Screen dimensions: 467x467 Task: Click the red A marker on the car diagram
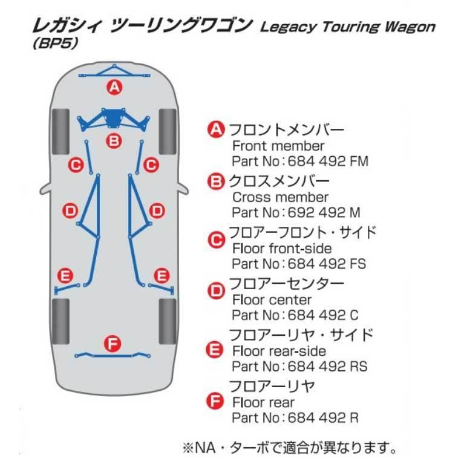[115, 87]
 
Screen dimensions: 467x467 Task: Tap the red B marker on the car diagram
[114, 140]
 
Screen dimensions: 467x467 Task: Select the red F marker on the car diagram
[113, 344]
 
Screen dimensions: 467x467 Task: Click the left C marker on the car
[76, 165]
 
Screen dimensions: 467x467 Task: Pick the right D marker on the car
[157, 211]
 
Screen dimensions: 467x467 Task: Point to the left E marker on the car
[65, 275]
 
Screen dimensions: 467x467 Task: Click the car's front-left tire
[60, 132]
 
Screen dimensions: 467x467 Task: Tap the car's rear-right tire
[168, 321]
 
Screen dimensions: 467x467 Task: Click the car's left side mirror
[45, 189]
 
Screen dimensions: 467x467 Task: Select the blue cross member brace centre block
[113, 119]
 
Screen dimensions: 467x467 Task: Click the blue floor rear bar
[113, 355]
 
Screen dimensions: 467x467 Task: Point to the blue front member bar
[114, 72]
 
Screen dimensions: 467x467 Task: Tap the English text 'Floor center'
[272, 299]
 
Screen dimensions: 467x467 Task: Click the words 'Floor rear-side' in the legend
[279, 351]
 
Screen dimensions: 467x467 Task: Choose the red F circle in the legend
[215, 401]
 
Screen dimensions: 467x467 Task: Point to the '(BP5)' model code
[56, 43]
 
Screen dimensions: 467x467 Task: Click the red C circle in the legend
[216, 240]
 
